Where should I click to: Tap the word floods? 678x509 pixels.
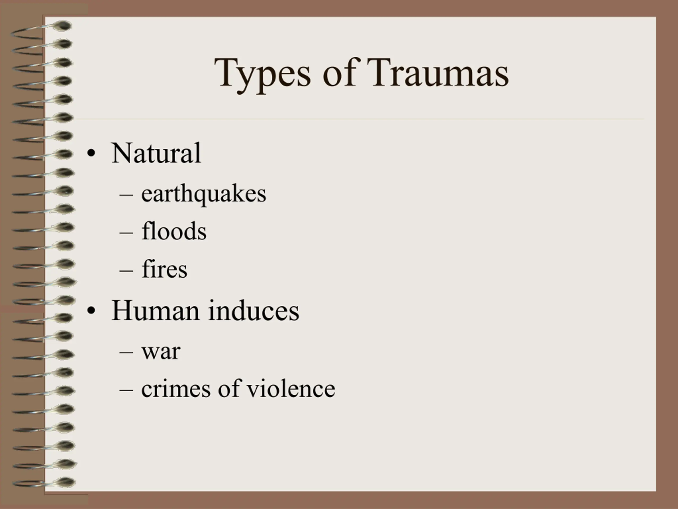coord(174,231)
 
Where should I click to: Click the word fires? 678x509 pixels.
coord(164,269)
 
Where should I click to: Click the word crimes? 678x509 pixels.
coord(176,388)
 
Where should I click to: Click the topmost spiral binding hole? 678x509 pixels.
coord(63,26)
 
